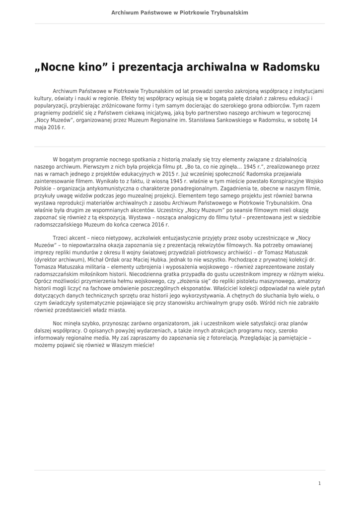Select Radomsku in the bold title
(290, 66)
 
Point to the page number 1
(319, 483)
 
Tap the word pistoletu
(224, 281)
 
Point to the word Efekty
(132, 99)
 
